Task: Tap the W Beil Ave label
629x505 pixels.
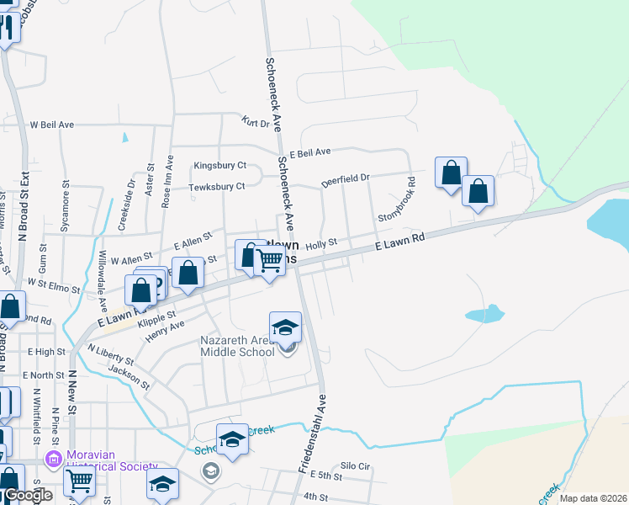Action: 52,125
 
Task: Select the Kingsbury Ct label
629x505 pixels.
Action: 219,166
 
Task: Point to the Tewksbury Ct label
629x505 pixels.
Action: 217,186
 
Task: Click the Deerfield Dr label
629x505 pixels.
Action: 345,180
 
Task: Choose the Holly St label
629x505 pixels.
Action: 320,243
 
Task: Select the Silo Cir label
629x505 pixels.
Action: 355,465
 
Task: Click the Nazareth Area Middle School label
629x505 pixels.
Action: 236,346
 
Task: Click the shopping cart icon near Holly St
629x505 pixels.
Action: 268,262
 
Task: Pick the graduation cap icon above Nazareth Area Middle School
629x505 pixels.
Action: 285,327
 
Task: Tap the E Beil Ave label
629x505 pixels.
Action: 310,152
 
